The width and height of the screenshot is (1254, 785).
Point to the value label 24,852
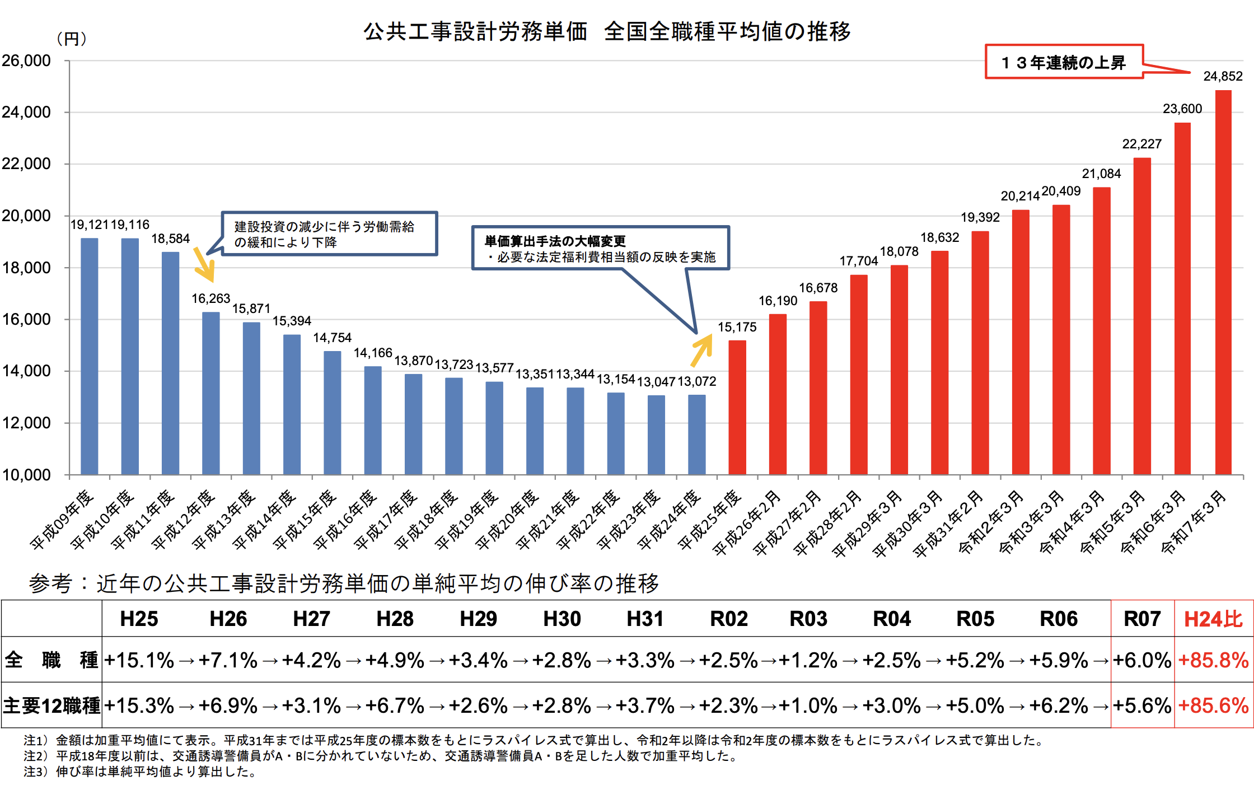pos(1223,76)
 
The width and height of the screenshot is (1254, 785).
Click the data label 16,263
pos(210,298)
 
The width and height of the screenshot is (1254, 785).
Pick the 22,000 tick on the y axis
pos(26,163)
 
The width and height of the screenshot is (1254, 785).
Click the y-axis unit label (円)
pos(72,39)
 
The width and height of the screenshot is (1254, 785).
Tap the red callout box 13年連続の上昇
pos(1064,62)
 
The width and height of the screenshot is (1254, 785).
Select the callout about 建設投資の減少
pos(329,234)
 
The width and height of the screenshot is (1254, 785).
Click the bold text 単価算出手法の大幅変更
pos(555,241)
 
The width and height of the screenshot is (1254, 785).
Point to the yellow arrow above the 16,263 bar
pos(204,264)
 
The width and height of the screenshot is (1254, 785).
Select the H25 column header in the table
pos(139,619)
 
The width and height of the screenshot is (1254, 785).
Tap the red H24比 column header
pos(1213,619)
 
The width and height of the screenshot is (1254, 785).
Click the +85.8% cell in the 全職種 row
pos(1213,660)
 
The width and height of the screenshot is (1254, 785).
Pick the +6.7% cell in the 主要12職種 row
pos(394,705)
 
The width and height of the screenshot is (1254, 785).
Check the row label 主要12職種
pos(52,705)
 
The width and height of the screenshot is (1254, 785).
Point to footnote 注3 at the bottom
pos(140,772)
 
